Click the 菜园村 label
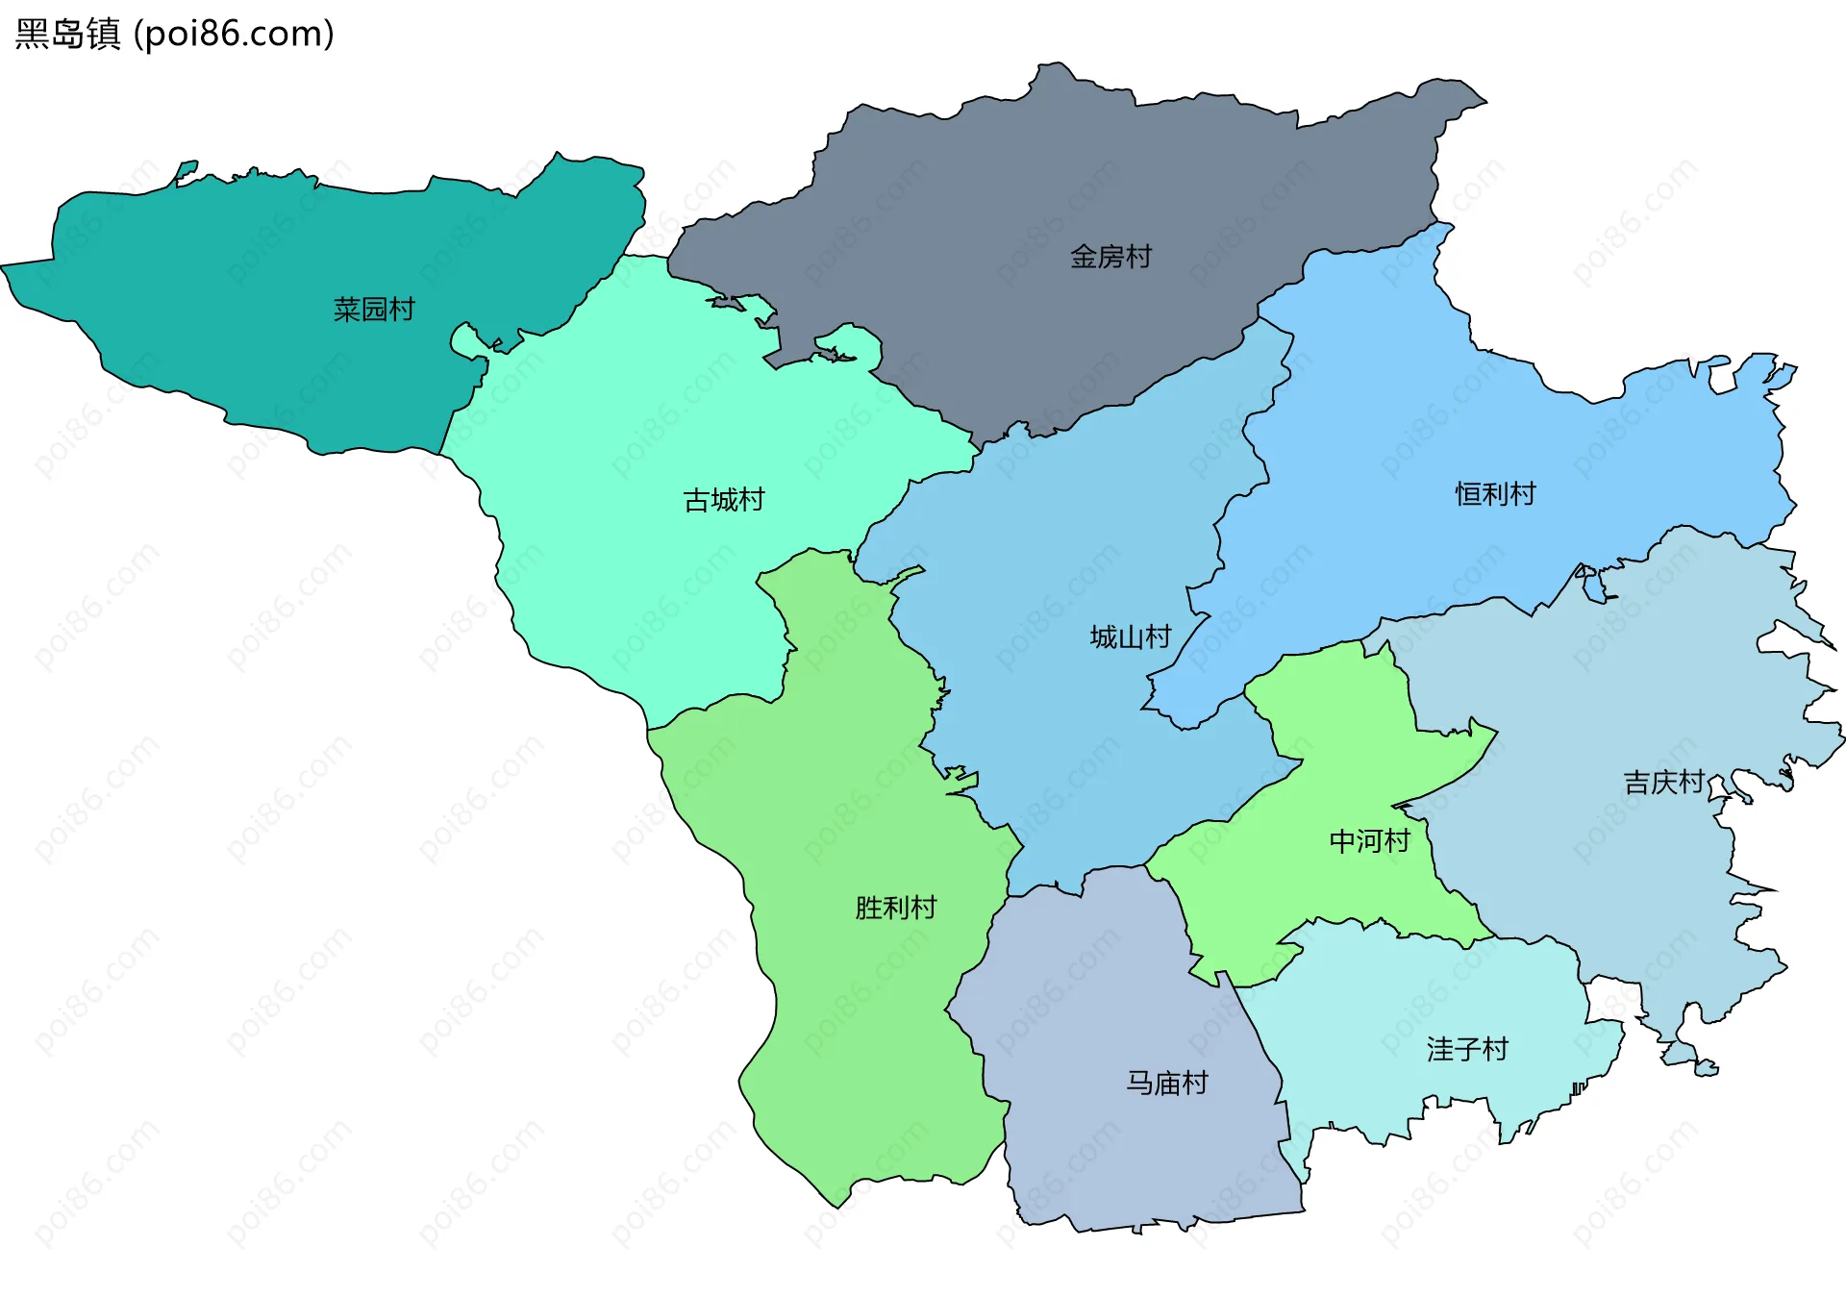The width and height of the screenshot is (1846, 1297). point(374,310)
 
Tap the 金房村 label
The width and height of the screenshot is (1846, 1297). point(1110,257)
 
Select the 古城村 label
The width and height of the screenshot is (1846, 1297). point(724,500)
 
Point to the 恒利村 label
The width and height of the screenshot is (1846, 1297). point(1495,494)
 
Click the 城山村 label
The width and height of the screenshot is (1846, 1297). point(1131,637)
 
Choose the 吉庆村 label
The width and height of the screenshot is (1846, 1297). point(1664,783)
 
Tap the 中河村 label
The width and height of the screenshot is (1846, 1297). point(1369,841)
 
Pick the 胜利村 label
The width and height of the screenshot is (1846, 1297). point(896,908)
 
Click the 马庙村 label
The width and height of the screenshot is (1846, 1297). point(1167,1084)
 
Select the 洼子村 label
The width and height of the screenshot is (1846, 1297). point(1467,1049)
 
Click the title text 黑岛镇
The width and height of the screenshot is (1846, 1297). point(68,34)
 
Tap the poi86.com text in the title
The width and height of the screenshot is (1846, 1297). point(234,34)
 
